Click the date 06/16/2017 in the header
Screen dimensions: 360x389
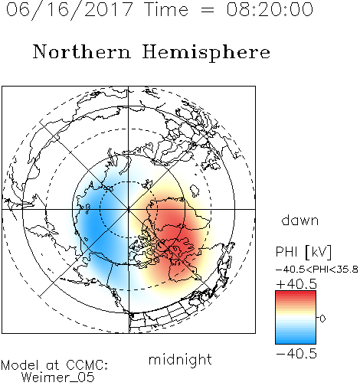[70, 10]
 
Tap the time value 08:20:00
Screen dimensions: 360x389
[270, 9]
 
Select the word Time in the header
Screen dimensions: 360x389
[166, 9]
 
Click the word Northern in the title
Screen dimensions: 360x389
[82, 51]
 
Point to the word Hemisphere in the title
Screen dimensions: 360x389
[206, 52]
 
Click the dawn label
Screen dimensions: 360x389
[300, 220]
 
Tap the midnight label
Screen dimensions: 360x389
[180, 359]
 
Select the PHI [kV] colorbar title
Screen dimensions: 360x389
[303, 252]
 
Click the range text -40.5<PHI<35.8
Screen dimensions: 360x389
[317, 270]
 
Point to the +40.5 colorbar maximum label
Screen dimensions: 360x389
[296, 284]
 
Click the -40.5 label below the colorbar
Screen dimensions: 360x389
[296, 354]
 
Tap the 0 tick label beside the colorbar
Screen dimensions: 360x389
[322, 319]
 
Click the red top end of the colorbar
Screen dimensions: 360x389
[296, 293]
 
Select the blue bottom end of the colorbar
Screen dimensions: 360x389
[296, 342]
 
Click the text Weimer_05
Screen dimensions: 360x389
[58, 378]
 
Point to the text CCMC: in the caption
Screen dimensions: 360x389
[87, 365]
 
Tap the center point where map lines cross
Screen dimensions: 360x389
[129, 209]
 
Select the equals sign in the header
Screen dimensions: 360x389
[208, 10]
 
